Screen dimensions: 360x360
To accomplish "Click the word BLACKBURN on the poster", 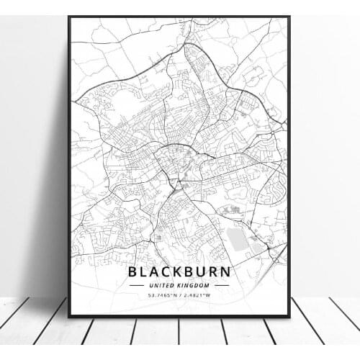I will click(179, 271).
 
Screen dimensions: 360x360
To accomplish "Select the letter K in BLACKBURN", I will click(176, 271).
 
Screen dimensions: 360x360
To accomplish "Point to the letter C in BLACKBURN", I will click(163, 271).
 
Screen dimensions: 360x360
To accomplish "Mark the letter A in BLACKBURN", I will click(151, 271).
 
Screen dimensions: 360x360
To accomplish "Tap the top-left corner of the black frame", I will click(69, 17).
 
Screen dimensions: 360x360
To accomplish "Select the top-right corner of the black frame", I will click(289, 17).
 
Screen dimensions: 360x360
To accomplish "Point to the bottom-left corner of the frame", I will click(69, 317).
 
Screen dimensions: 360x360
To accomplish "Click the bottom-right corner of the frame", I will click(289, 317).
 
